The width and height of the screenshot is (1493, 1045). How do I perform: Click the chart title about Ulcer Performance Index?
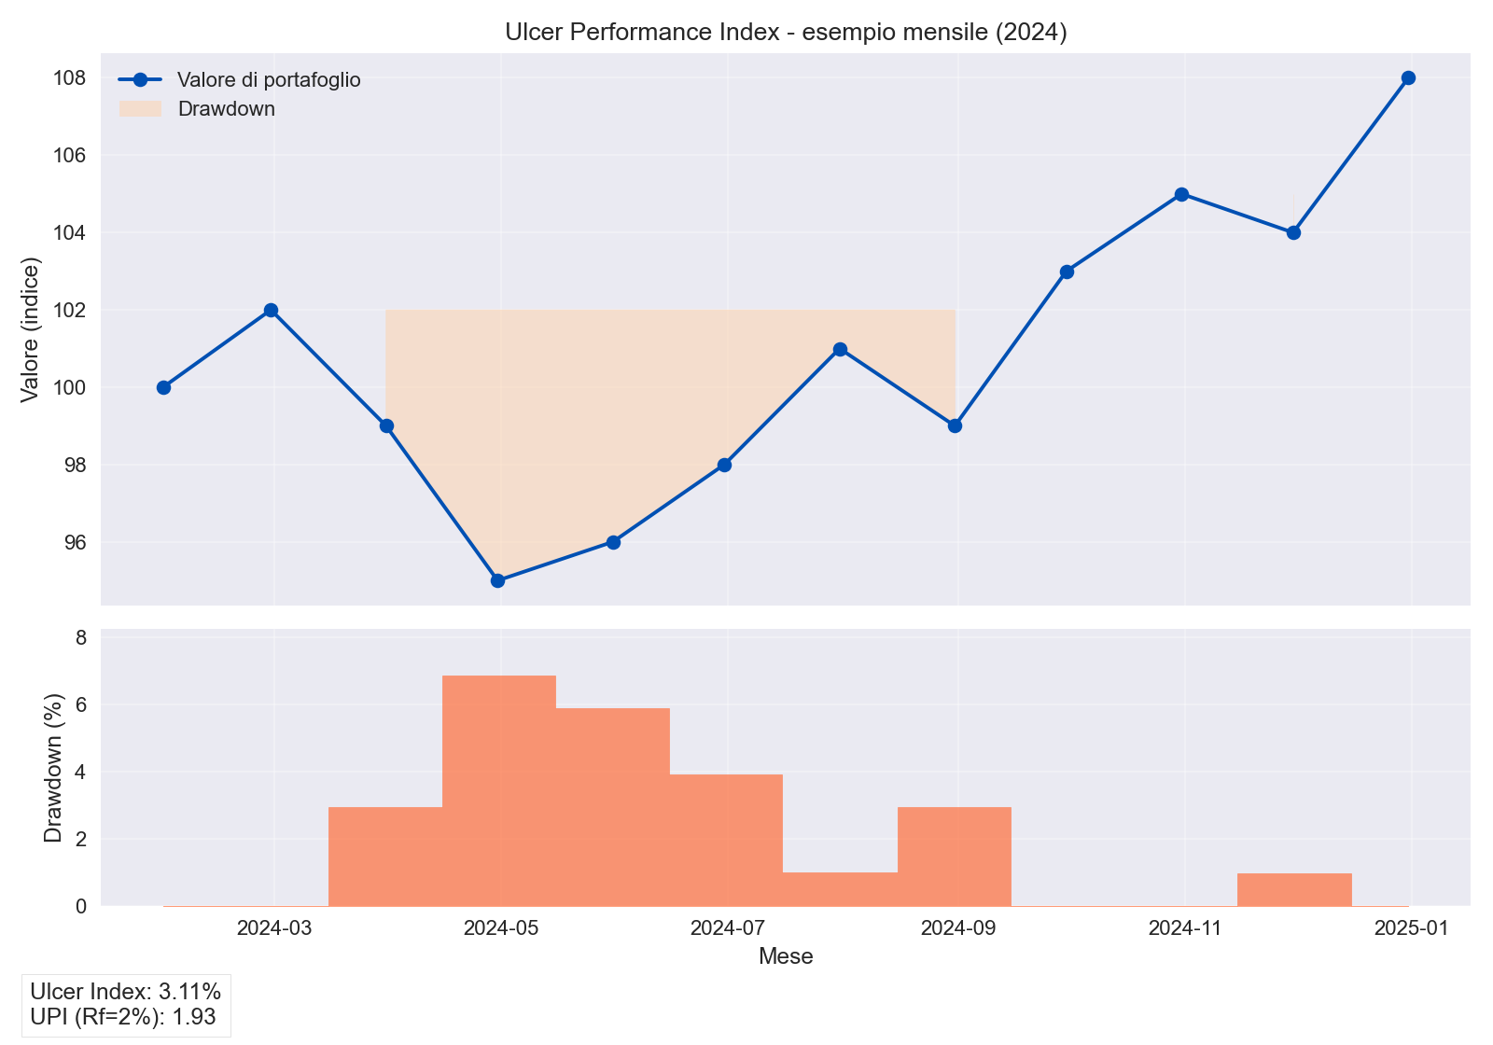point(786,32)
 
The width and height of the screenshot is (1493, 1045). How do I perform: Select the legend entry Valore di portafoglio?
point(269,80)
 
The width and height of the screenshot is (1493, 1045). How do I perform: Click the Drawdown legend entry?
point(226,109)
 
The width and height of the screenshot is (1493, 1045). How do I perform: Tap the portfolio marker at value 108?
point(1408,77)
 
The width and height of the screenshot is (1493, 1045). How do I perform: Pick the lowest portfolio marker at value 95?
point(497,580)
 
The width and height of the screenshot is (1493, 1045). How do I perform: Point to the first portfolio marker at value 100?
point(163,387)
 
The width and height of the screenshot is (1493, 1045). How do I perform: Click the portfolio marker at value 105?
point(1181,194)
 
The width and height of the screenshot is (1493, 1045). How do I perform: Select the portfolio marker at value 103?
point(1067,272)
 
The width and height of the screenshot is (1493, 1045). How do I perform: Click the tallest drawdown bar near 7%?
point(499,789)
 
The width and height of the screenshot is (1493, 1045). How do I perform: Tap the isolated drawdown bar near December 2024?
point(1294,889)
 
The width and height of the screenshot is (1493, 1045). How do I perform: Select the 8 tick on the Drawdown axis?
point(81,638)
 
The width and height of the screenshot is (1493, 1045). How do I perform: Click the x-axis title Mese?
point(786,956)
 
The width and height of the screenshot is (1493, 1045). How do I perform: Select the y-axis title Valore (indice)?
point(30,328)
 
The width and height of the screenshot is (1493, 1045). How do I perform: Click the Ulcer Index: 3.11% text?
point(125,991)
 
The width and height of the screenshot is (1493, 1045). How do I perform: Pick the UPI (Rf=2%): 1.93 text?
point(123,1017)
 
